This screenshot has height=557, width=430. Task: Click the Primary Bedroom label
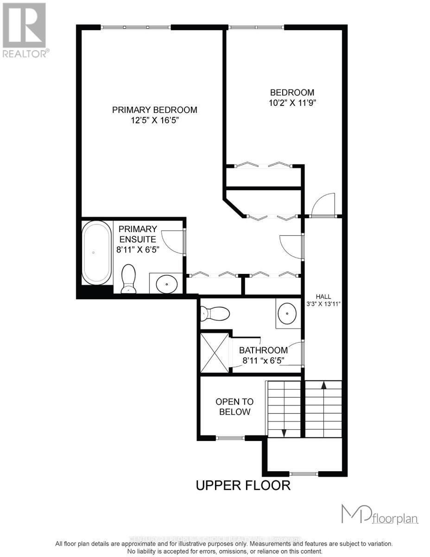(x=155, y=110)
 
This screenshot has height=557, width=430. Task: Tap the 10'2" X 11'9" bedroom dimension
(x=292, y=103)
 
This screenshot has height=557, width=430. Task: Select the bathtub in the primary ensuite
(x=97, y=253)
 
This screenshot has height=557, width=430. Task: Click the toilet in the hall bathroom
(x=215, y=314)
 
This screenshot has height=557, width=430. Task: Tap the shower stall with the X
(x=215, y=352)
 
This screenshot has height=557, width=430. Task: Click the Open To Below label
(x=234, y=407)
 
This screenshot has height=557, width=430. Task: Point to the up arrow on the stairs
(x=323, y=384)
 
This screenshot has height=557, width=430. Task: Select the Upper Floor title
(x=243, y=486)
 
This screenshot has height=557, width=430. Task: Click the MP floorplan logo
(x=379, y=515)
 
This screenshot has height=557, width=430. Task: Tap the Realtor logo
(x=24, y=30)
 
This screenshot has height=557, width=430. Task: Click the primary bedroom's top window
(x=136, y=27)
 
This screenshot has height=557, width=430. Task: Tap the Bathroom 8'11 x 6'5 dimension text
(x=263, y=355)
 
